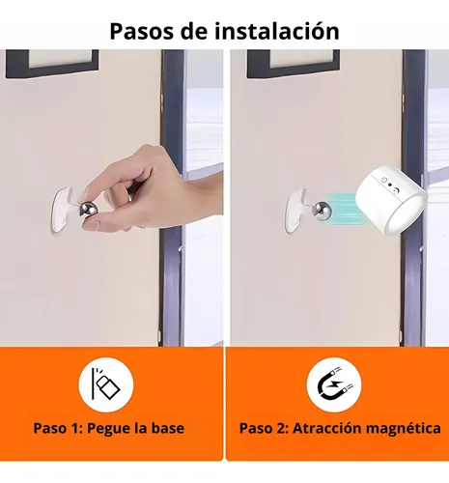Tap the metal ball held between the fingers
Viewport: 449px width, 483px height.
tap(89, 209)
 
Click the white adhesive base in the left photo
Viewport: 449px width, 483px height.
tap(64, 210)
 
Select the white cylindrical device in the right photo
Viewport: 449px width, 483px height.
tap(391, 201)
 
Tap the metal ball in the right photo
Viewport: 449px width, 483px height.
tap(322, 211)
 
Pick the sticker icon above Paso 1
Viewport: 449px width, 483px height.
tap(106, 384)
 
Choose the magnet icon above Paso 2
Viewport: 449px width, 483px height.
tap(334, 384)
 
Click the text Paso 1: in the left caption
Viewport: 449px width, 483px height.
tap(59, 428)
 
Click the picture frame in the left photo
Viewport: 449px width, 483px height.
tap(52, 64)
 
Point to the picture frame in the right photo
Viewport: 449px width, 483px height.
tap(294, 64)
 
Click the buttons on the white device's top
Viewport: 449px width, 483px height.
tap(390, 185)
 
